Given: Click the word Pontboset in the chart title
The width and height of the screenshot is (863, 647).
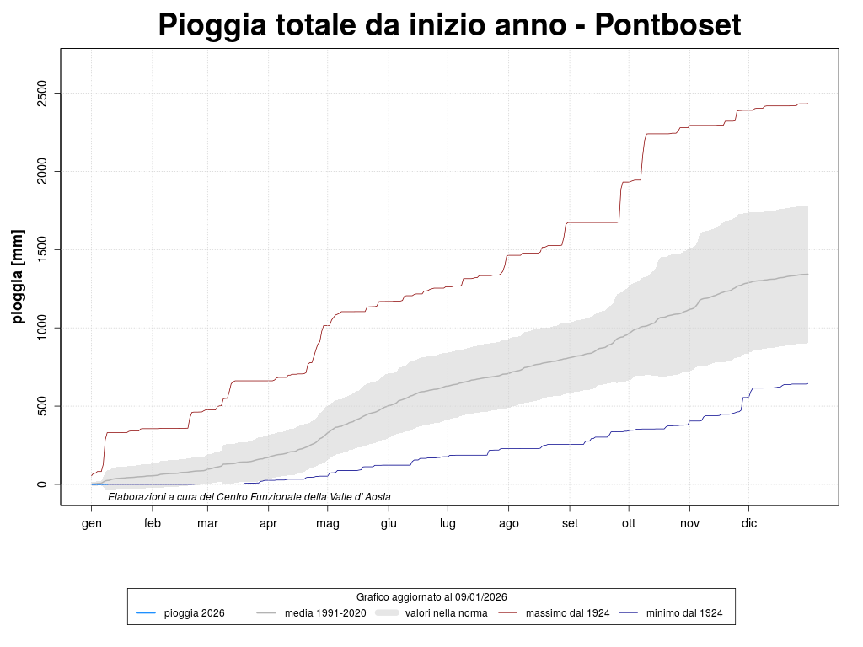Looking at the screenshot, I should click(x=667, y=25).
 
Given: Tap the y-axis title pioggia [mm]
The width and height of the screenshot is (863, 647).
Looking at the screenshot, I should click(x=18, y=275).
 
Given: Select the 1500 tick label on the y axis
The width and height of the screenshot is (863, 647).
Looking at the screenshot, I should click(x=41, y=249).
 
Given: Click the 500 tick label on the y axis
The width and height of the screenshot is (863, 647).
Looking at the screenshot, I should click(x=41, y=406).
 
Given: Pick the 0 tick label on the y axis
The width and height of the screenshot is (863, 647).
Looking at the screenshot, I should click(x=41, y=484).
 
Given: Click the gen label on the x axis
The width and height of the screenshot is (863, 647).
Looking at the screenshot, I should click(x=91, y=523).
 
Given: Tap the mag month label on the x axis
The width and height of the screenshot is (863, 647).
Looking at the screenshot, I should click(x=328, y=523).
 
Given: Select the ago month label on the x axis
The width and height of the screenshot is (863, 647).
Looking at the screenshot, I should click(x=508, y=523).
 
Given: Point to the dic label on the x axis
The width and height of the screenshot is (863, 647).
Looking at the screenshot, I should click(x=748, y=523).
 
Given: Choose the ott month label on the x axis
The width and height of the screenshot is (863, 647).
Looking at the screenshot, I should click(x=628, y=523).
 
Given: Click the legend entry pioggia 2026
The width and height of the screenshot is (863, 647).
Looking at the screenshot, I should click(x=194, y=613).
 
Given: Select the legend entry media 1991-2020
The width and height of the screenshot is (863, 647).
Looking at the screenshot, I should click(x=325, y=613).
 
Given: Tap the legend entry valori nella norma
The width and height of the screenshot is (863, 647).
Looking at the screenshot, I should click(x=446, y=613).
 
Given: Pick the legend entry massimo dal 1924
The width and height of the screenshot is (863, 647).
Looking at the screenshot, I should click(x=567, y=613).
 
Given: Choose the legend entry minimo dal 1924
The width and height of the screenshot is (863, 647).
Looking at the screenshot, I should click(x=684, y=613).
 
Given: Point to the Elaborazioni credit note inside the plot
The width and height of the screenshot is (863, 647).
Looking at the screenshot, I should click(x=249, y=497).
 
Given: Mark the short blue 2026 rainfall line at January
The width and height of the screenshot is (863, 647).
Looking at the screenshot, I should click(x=97, y=484).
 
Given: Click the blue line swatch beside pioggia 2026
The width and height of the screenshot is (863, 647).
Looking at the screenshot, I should click(x=145, y=613).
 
